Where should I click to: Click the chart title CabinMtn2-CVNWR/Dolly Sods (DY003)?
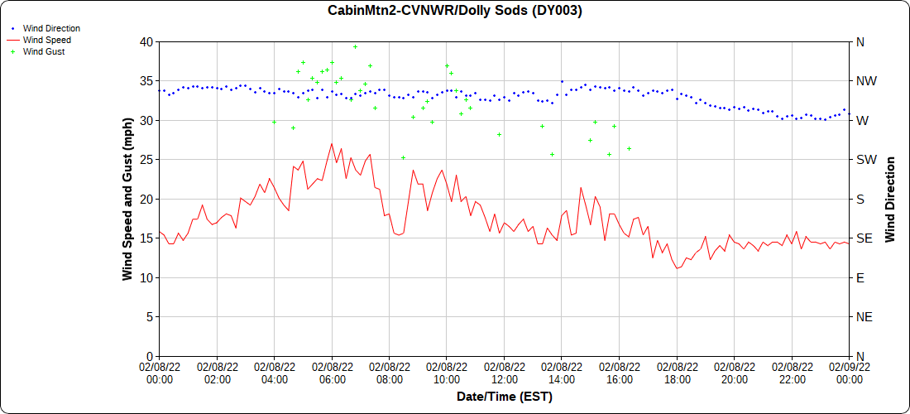454,11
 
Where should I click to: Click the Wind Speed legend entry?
46,40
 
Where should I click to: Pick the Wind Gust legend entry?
44,51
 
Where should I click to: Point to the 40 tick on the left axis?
146,41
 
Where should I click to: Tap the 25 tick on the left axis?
146,159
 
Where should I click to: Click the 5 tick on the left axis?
149,316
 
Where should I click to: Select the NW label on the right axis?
865,81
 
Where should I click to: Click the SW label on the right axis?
864,159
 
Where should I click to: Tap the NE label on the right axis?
863,316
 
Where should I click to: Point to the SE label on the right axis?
863,238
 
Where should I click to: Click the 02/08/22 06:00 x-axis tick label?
332,373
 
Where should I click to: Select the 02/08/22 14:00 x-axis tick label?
562,373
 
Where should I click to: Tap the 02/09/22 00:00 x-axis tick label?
849,373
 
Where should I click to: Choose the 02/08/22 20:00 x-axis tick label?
734,373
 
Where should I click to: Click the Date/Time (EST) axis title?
504,397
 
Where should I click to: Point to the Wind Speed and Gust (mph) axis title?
127,198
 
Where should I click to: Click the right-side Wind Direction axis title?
890,199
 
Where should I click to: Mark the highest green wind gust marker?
355,47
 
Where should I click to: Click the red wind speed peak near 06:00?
332,143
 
